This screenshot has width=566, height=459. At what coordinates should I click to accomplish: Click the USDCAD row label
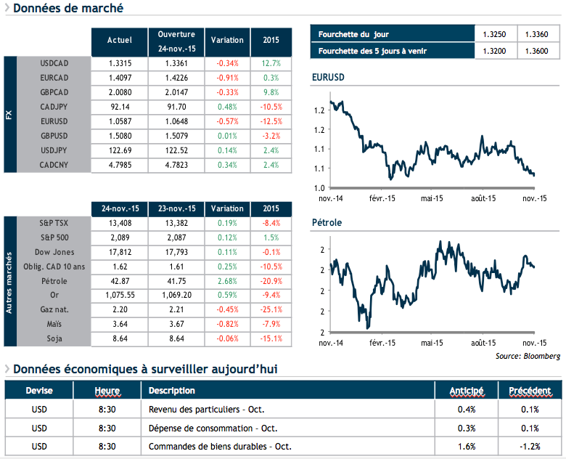coord(54,63)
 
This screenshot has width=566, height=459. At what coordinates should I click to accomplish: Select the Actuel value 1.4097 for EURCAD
coord(119,78)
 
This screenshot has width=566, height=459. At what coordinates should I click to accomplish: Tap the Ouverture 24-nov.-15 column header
coord(176,41)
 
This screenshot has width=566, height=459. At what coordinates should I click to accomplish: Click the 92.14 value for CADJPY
coord(119,107)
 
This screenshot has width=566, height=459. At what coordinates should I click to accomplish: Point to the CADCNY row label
coord(54,165)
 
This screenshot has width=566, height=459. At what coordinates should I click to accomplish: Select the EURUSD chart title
coord(327,77)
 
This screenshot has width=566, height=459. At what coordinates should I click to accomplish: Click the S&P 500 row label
coord(54,238)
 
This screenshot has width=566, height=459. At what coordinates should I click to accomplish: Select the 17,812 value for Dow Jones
coord(119,253)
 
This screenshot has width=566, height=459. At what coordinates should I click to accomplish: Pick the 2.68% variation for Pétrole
coord(227,281)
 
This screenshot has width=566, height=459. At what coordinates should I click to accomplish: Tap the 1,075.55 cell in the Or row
coord(119,296)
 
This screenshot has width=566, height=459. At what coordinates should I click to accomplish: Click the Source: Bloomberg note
coord(528,357)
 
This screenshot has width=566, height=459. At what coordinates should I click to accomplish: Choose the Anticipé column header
coord(467,391)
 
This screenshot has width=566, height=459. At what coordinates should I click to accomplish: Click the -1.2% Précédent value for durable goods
coord(529,446)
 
